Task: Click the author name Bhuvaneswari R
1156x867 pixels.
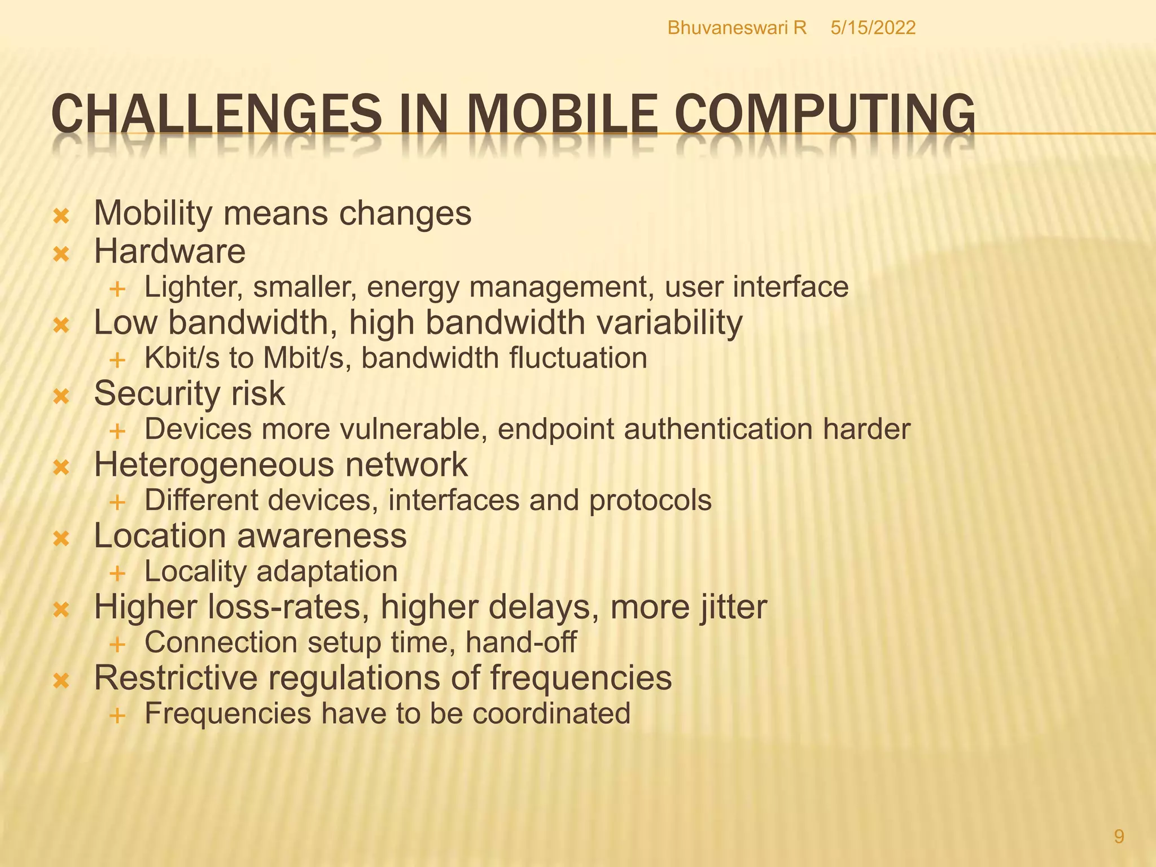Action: click(737, 28)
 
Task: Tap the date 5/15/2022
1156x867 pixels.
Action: click(873, 28)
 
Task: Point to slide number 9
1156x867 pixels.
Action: click(1119, 837)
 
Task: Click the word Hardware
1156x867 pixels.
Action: click(169, 251)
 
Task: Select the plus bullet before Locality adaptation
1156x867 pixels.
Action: click(117, 573)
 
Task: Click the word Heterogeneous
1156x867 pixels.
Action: click(214, 465)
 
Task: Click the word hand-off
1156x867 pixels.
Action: click(521, 642)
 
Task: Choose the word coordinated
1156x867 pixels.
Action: click(551, 713)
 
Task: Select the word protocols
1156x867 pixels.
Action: click(650, 500)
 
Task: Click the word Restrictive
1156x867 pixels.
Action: click(176, 678)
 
